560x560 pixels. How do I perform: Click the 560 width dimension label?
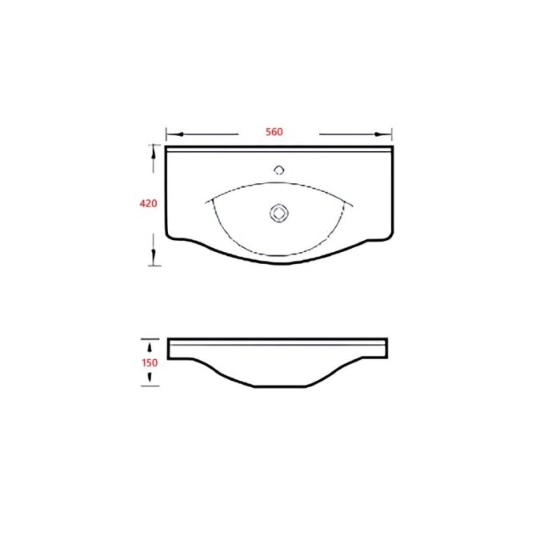(274, 132)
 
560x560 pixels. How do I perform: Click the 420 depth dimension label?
(148, 203)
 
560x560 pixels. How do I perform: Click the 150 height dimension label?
(150, 363)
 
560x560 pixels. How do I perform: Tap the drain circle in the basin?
(279, 214)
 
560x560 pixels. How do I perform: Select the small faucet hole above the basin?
(279, 170)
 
